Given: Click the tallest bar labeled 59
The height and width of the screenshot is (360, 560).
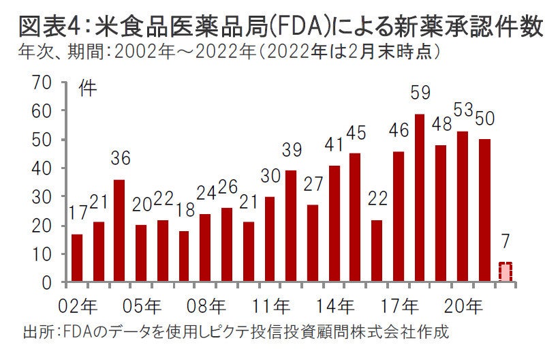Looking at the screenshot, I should [x=420, y=198].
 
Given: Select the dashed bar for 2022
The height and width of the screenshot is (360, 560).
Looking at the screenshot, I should [x=505, y=272].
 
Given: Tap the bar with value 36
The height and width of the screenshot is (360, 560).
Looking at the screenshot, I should [x=120, y=230].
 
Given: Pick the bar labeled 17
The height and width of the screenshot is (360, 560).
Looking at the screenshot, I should [x=77, y=258].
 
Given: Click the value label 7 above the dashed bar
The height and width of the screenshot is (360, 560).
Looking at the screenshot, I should [x=505, y=241].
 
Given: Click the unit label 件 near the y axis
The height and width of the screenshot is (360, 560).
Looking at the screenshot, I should [x=87, y=89].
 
